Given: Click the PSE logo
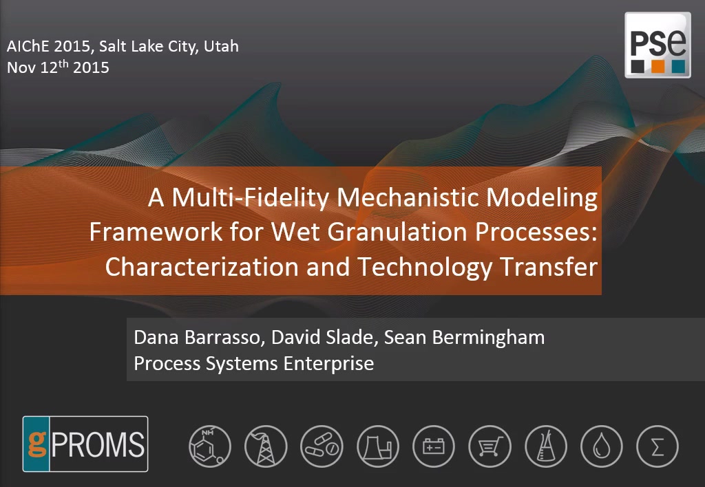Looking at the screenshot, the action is [x=657, y=45].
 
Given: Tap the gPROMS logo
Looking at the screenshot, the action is [x=85, y=444].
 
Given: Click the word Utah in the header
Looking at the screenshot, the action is [x=221, y=46].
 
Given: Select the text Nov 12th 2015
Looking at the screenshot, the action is [x=58, y=67].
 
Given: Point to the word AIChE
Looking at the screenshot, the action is [x=27, y=46].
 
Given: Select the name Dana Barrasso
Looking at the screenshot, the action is [x=196, y=338].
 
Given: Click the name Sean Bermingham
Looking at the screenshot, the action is [x=465, y=338].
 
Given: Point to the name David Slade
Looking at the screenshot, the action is [x=322, y=338].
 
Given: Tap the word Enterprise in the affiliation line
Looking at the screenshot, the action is [x=328, y=363].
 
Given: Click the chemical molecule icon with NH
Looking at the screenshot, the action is [x=210, y=446].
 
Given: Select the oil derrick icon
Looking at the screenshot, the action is [x=266, y=446].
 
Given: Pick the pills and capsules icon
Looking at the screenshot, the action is [x=322, y=446].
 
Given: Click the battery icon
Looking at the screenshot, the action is [x=434, y=446].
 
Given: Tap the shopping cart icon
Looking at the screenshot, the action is [x=490, y=446].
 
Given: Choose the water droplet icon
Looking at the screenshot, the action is [x=602, y=446].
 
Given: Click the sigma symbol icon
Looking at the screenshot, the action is [x=657, y=446].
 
